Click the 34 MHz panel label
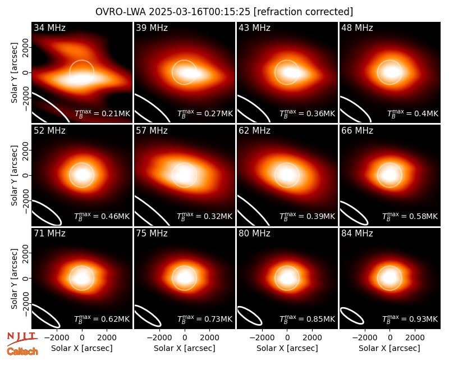tap(49, 28)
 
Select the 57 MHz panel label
tap(152, 131)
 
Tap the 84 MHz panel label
tap(357, 234)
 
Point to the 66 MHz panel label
tap(357, 131)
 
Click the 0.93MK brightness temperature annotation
tap(410, 318)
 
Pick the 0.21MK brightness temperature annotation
tap(102, 113)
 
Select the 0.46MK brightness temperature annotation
tap(102, 216)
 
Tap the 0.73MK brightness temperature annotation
tap(205, 318)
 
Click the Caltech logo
tap(22, 352)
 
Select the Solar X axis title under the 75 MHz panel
tap(185, 348)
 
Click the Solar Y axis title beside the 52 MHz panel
tap(14, 175)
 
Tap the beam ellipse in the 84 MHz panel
tap(352, 316)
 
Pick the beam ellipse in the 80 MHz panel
tap(250, 316)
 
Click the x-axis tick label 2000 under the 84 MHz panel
tap(415, 337)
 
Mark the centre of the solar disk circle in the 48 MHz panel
tap(390, 72)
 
